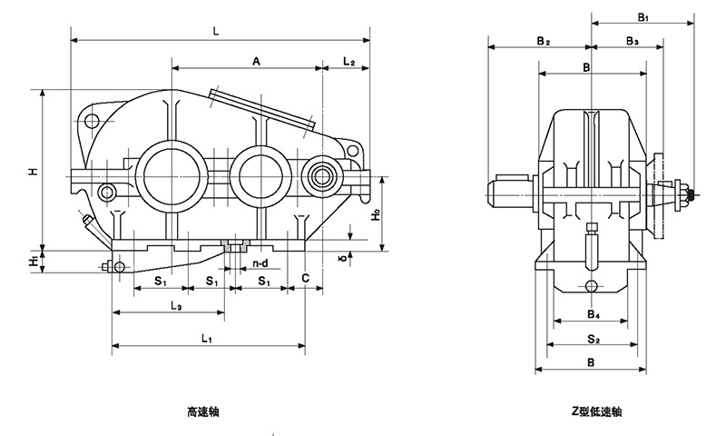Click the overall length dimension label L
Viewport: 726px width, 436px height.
[215, 31]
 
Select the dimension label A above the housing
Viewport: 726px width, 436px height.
[257, 61]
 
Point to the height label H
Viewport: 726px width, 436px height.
[32, 171]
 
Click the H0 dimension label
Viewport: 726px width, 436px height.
[376, 222]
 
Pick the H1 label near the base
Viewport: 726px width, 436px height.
[33, 261]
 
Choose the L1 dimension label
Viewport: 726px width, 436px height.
[206, 339]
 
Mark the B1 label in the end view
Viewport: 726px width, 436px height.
[643, 17]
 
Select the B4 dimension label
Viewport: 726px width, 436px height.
[592, 314]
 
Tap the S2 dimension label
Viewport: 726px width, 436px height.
[592, 339]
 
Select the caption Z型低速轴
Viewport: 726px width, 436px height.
[591, 411]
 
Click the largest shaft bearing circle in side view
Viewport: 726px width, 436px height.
[170, 173]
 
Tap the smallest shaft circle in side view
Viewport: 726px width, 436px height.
[321, 174]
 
